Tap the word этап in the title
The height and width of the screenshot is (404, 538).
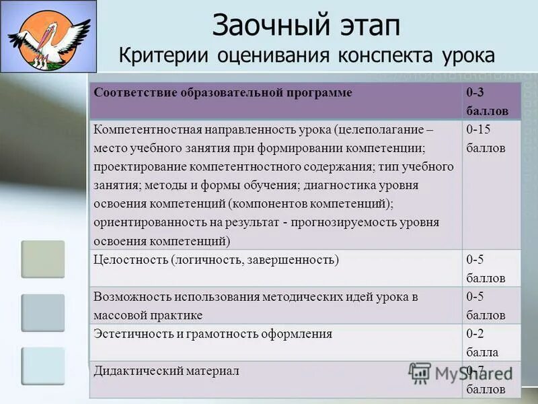pos(367,26)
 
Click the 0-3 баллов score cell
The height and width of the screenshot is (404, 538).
pos(486,102)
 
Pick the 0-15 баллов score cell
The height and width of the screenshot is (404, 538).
pos(486,138)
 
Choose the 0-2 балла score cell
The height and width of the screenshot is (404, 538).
pos(482,342)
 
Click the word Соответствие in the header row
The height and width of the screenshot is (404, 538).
pos(134,92)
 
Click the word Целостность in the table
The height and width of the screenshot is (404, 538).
pos(129,259)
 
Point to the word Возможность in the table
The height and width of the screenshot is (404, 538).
pos(132,296)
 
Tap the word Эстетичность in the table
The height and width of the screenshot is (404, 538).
pos(132,333)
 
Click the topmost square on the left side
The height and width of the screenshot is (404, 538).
pos(43,259)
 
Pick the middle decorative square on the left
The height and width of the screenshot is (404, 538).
pos(43,312)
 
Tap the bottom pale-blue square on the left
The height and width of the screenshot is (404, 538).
pos(43,366)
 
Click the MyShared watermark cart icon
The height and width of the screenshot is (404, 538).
pos(420,372)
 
